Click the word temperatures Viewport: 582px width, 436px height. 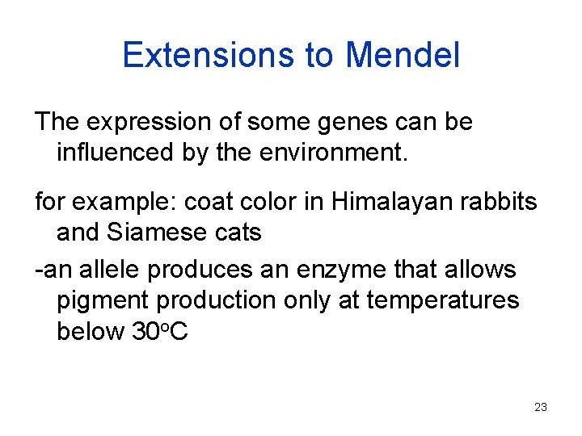point(442,300)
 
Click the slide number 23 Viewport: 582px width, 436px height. point(541,407)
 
